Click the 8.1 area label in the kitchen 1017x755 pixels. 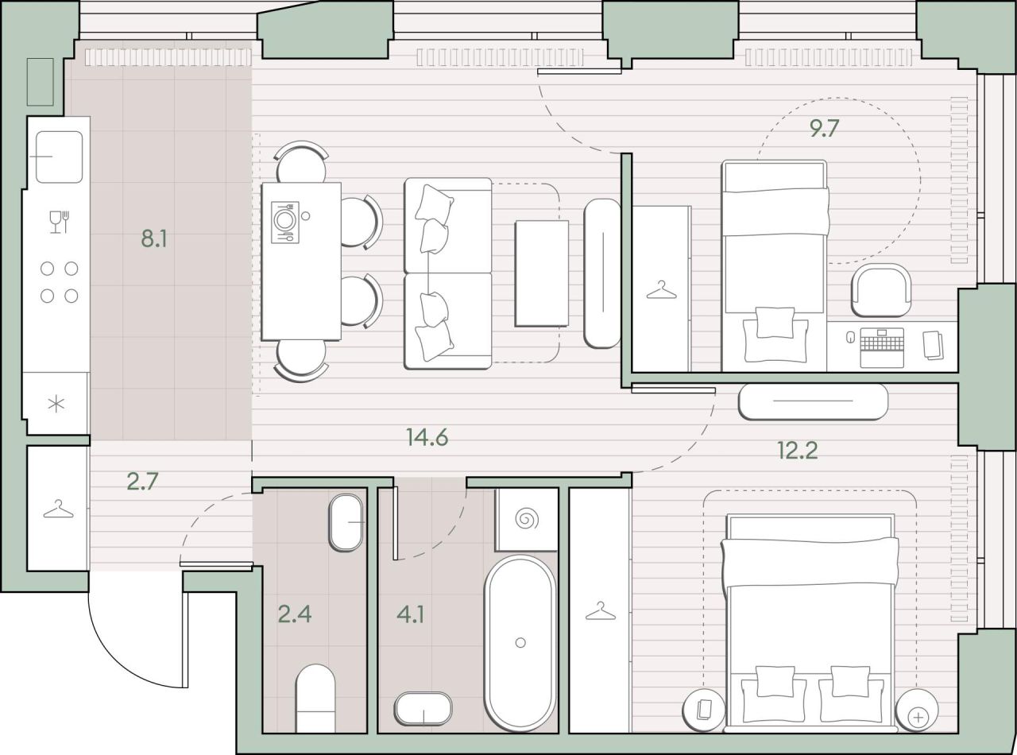[154, 239]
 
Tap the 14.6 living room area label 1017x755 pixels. [427, 437]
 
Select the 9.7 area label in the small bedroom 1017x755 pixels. [824, 128]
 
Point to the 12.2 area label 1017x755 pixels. [798, 451]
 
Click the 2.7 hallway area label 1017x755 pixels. [142, 481]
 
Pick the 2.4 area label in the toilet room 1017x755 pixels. [295, 614]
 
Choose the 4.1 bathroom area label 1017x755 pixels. [411, 614]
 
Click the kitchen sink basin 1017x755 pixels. [59, 157]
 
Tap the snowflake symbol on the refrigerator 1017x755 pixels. [56, 404]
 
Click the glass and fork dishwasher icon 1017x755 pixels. [59, 222]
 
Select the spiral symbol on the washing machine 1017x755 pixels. [527, 519]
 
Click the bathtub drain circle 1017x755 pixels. [520, 643]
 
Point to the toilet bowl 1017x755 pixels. [315, 698]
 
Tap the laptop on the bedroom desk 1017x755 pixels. [882, 347]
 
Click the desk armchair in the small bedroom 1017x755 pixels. [881, 290]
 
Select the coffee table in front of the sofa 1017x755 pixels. [542, 273]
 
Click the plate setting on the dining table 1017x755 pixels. [284, 222]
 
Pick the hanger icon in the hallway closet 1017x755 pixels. [58, 509]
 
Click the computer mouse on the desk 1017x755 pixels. [850, 337]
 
